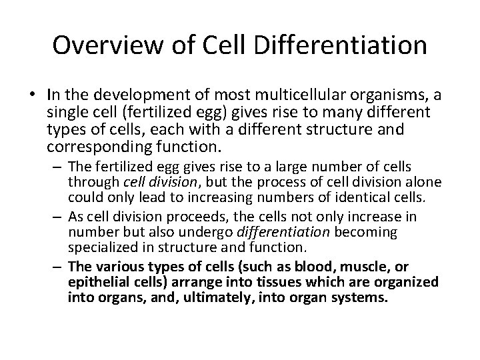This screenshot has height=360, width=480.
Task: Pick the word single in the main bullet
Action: click(68, 111)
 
